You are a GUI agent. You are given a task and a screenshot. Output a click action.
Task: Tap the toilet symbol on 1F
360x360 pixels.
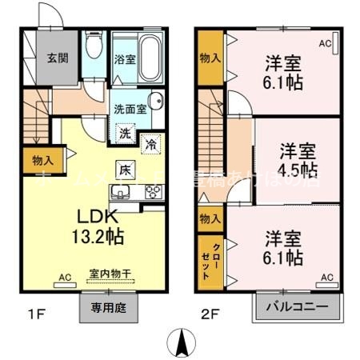[93, 48]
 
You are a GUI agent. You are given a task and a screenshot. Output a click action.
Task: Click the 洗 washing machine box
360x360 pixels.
[126, 134]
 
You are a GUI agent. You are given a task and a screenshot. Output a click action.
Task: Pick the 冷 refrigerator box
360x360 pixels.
[150, 143]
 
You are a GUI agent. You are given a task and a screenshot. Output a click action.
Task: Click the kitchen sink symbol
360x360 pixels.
[122, 190]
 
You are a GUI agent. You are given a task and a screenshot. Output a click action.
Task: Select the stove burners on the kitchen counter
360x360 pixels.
[152, 190]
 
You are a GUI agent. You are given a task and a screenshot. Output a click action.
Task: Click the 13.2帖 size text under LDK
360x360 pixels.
[99, 237]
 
